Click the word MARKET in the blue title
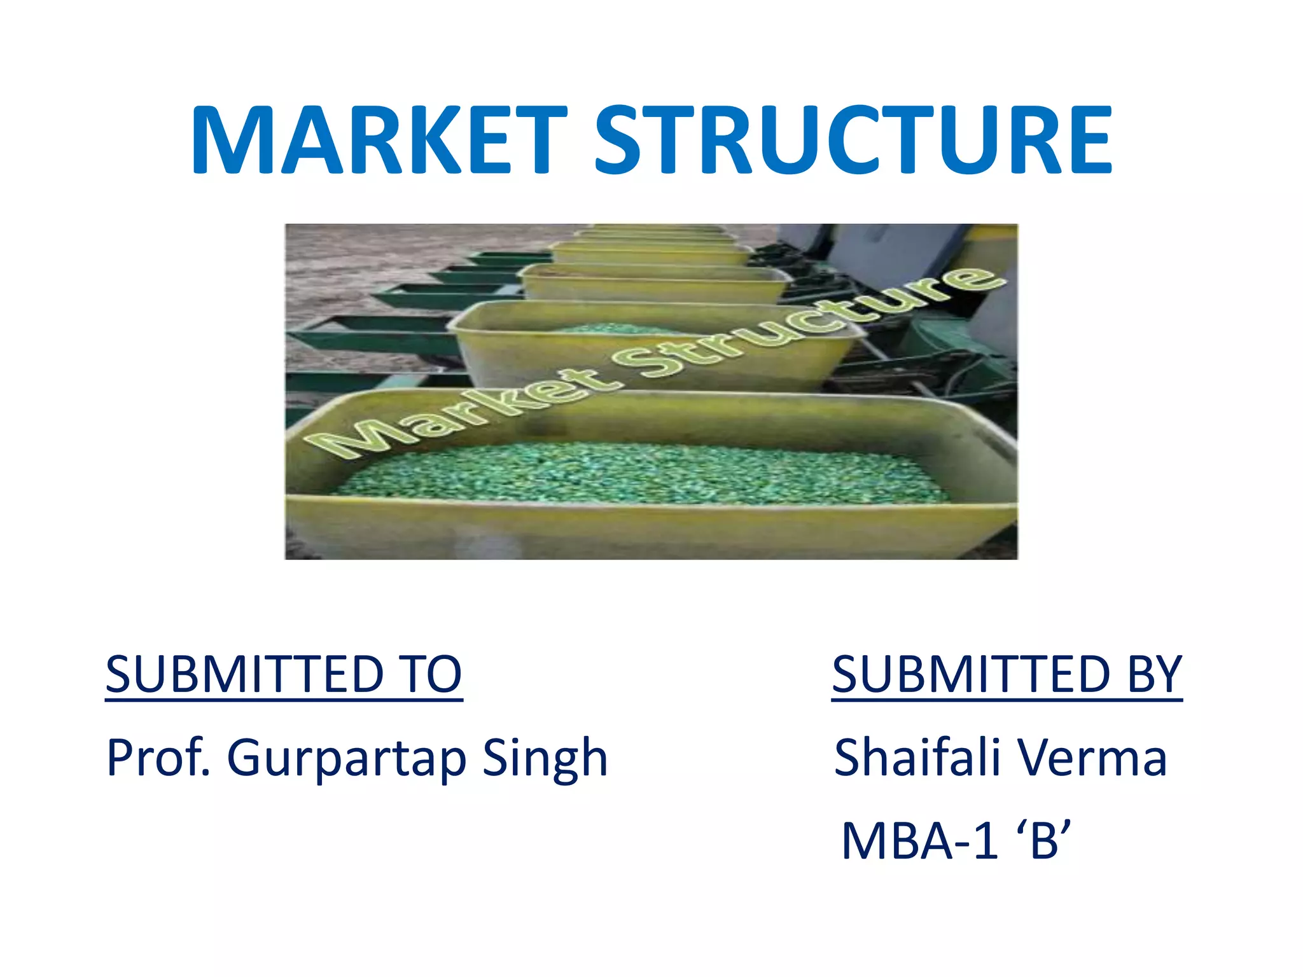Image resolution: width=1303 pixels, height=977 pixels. pos(379,141)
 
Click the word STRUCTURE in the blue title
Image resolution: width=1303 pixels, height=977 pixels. pos(853,141)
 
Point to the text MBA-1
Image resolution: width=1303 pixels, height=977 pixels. pos(919,842)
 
